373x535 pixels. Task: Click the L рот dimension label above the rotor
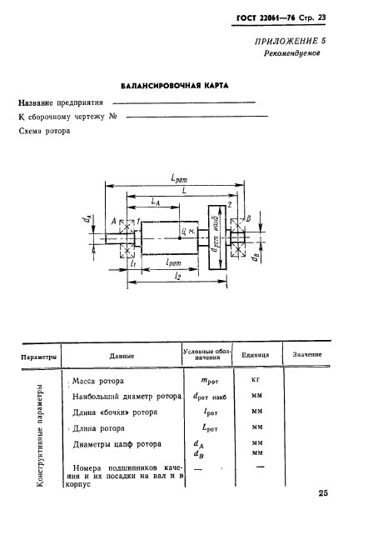177,179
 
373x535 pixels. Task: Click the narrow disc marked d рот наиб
216,241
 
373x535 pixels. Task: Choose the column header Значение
307,356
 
